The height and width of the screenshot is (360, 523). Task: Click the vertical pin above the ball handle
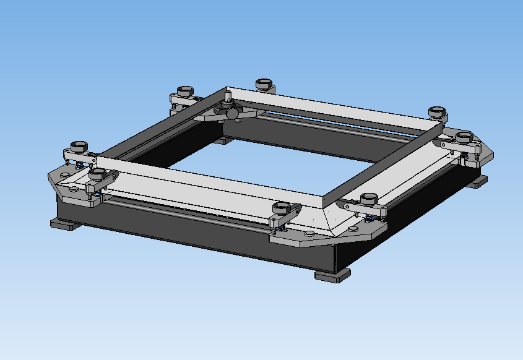[228, 96]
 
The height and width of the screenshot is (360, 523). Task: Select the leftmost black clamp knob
[78, 147]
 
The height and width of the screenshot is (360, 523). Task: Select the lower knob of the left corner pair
[97, 174]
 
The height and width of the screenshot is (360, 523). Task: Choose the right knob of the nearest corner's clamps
[369, 199]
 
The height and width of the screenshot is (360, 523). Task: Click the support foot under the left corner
[64, 224]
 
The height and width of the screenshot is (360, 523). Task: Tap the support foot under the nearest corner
[332, 275]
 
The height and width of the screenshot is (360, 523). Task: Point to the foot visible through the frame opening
[223, 140]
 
